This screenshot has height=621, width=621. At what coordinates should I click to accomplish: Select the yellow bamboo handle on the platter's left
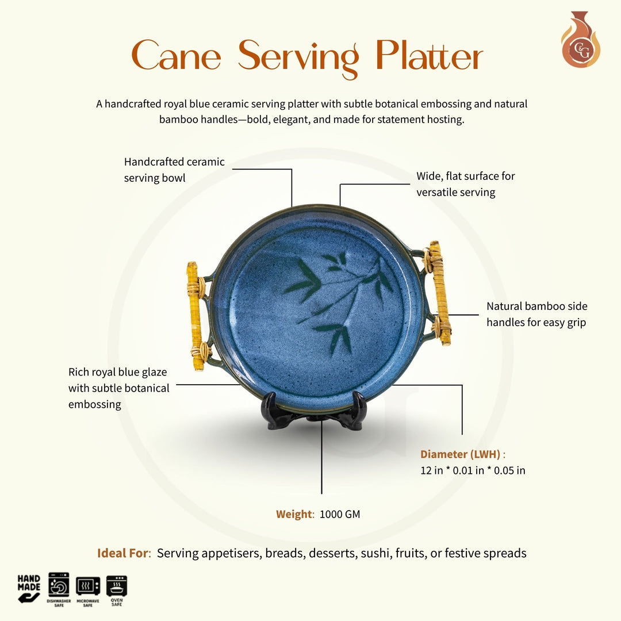pyautogui.click(x=195, y=316)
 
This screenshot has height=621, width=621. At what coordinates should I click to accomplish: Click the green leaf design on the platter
pyautogui.click(x=339, y=299)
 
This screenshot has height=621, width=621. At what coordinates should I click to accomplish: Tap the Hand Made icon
pyautogui.click(x=29, y=588)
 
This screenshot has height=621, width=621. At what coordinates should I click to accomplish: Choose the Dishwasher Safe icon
pyautogui.click(x=59, y=588)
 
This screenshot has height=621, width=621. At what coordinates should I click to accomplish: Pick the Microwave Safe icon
pyautogui.click(x=88, y=588)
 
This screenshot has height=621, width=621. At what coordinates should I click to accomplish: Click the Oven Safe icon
pyautogui.click(x=117, y=588)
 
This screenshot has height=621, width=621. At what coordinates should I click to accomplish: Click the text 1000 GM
pyautogui.click(x=340, y=514)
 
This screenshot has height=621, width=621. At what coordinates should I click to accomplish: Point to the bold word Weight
pyautogui.click(x=293, y=514)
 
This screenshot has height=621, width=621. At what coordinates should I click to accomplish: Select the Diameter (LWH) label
pyautogui.click(x=460, y=454)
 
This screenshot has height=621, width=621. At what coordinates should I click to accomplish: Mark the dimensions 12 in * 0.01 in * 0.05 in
pyautogui.click(x=473, y=470)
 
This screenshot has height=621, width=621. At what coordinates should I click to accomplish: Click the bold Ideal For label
pyautogui.click(x=123, y=553)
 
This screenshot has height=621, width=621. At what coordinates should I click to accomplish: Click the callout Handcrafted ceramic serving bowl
pyautogui.click(x=174, y=170)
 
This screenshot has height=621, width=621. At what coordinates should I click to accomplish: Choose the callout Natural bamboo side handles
pyautogui.click(x=536, y=314)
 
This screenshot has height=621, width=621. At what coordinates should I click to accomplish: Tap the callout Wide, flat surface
pyautogui.click(x=465, y=184)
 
